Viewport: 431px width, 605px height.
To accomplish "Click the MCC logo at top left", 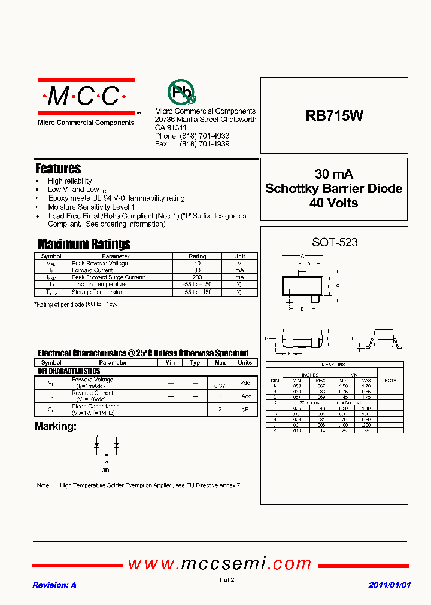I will point(86,96).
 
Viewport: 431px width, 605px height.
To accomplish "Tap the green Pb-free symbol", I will point(181,92).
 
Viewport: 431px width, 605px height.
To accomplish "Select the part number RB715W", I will point(334,116).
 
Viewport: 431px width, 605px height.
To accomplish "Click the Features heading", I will point(58,169).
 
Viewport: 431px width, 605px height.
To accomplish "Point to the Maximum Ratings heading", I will point(84,244).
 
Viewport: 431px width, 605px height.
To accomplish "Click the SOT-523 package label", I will point(335,242).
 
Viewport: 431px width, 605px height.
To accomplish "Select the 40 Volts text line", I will point(334,203).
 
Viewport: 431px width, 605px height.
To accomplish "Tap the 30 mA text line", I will point(334,174).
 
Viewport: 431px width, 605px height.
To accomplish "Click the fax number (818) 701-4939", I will point(205,144).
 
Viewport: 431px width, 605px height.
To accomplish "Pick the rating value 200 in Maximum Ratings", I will point(197,277).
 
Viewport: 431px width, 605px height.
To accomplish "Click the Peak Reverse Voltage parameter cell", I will point(100,263).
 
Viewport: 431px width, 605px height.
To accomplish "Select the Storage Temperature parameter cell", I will point(99,292).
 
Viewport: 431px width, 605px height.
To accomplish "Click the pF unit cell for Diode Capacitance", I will point(245,410).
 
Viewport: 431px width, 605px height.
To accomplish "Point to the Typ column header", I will point(195,362).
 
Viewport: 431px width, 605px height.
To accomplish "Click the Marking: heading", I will point(56,426).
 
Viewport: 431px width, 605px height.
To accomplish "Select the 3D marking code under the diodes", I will point(106,470).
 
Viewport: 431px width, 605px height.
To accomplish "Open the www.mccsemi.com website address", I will point(220,564).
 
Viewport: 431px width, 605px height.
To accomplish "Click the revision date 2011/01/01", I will point(389,585).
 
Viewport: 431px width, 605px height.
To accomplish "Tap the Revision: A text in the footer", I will point(54,585).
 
